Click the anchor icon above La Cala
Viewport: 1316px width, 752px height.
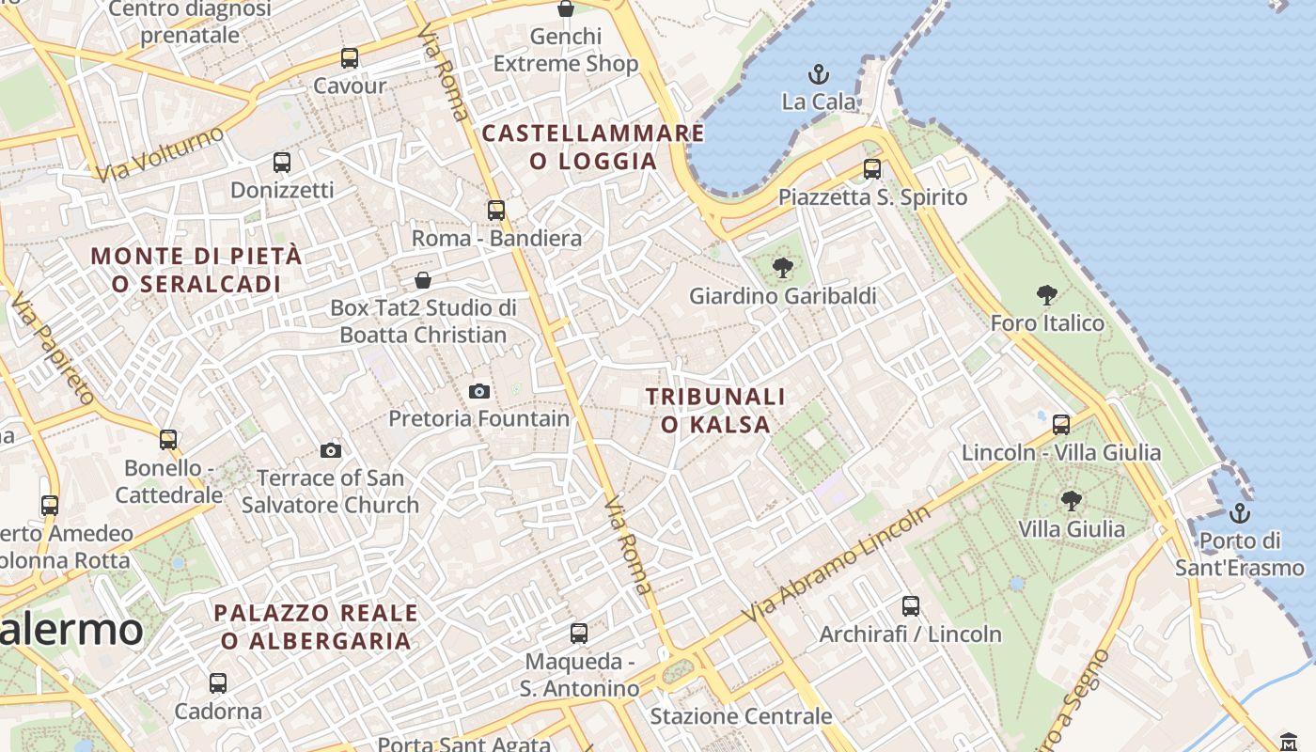(819, 73)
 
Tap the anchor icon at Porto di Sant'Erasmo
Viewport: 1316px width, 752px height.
(1240, 513)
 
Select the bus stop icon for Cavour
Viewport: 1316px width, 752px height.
(350, 58)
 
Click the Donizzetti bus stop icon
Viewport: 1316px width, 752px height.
(282, 162)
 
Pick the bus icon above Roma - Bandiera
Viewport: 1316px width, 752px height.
(496, 211)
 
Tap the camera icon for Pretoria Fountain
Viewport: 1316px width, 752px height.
(479, 391)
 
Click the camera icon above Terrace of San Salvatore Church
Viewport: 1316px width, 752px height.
(330, 450)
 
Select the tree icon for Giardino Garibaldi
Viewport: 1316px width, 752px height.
(782, 269)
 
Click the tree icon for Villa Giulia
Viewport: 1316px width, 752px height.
(1071, 501)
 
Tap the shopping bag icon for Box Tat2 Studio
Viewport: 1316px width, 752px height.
(423, 280)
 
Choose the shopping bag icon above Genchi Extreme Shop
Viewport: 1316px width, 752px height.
(566, 9)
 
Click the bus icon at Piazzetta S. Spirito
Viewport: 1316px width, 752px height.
(872, 169)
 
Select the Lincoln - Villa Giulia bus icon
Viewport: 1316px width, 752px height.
(1061, 425)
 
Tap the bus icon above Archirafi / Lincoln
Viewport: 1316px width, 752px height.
(910, 606)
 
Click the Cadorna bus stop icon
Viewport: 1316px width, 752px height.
(218, 683)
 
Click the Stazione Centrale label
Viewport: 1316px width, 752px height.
(741, 716)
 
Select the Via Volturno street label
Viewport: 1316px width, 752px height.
(160, 153)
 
